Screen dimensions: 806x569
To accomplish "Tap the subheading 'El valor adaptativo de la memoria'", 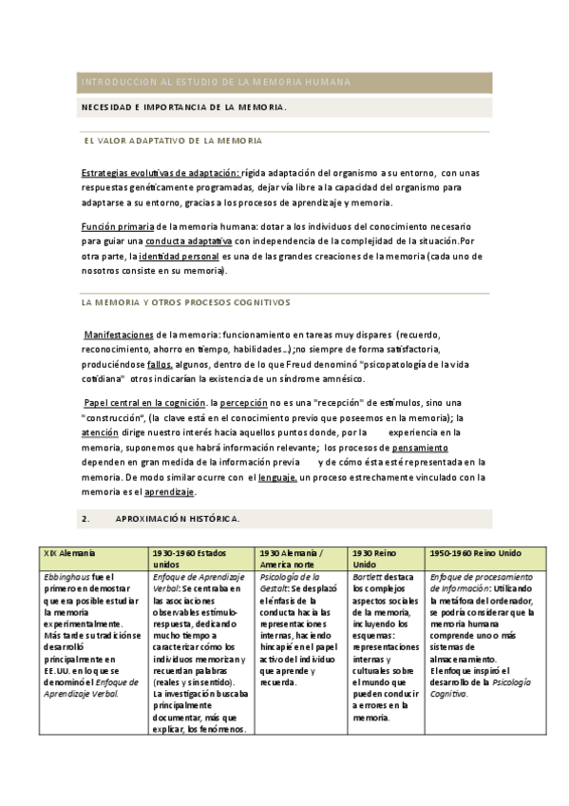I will pyautogui.click(x=173, y=141).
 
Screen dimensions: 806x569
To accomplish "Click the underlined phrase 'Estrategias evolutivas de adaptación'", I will pyautogui.click(x=160, y=173).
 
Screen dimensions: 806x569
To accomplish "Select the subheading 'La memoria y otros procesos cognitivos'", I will pyautogui.click(x=186, y=301).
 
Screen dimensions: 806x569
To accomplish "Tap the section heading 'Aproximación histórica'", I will pyautogui.click(x=177, y=519).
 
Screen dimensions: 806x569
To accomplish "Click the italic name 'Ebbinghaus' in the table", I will pyautogui.click(x=66, y=577).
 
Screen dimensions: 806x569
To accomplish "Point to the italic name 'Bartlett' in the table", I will pyautogui.click(x=370, y=577).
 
